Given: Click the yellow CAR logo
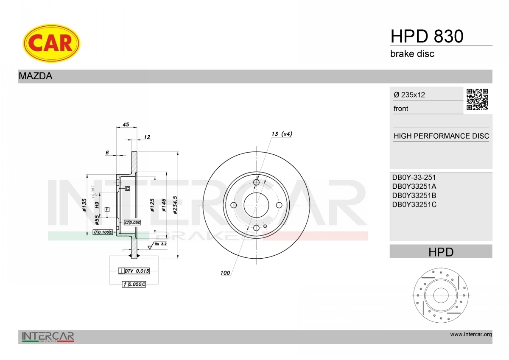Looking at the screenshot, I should pos(51,43).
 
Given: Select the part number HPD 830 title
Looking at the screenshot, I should pos(426,36).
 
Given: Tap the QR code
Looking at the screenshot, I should pos(477,100).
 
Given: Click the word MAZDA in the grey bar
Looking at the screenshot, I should pos(35,76).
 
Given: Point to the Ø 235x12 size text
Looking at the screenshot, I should pos(409,95).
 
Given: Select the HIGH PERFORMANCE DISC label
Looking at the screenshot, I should pos(441,136).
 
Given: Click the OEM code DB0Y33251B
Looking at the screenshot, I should pos(414,195).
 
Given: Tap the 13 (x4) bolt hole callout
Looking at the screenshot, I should pos(282,134).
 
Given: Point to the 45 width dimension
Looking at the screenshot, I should pos(126,125).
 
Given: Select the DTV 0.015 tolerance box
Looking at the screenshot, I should pos(134,271).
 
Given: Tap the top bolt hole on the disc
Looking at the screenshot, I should pos(256,182).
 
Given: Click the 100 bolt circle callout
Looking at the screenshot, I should pos(225,273).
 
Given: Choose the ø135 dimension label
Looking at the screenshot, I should pos(84,205).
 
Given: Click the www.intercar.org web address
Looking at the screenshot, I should pos(471,335).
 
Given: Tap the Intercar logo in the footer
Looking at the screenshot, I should pos(48,337).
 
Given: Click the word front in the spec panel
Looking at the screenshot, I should pos(401,109).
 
